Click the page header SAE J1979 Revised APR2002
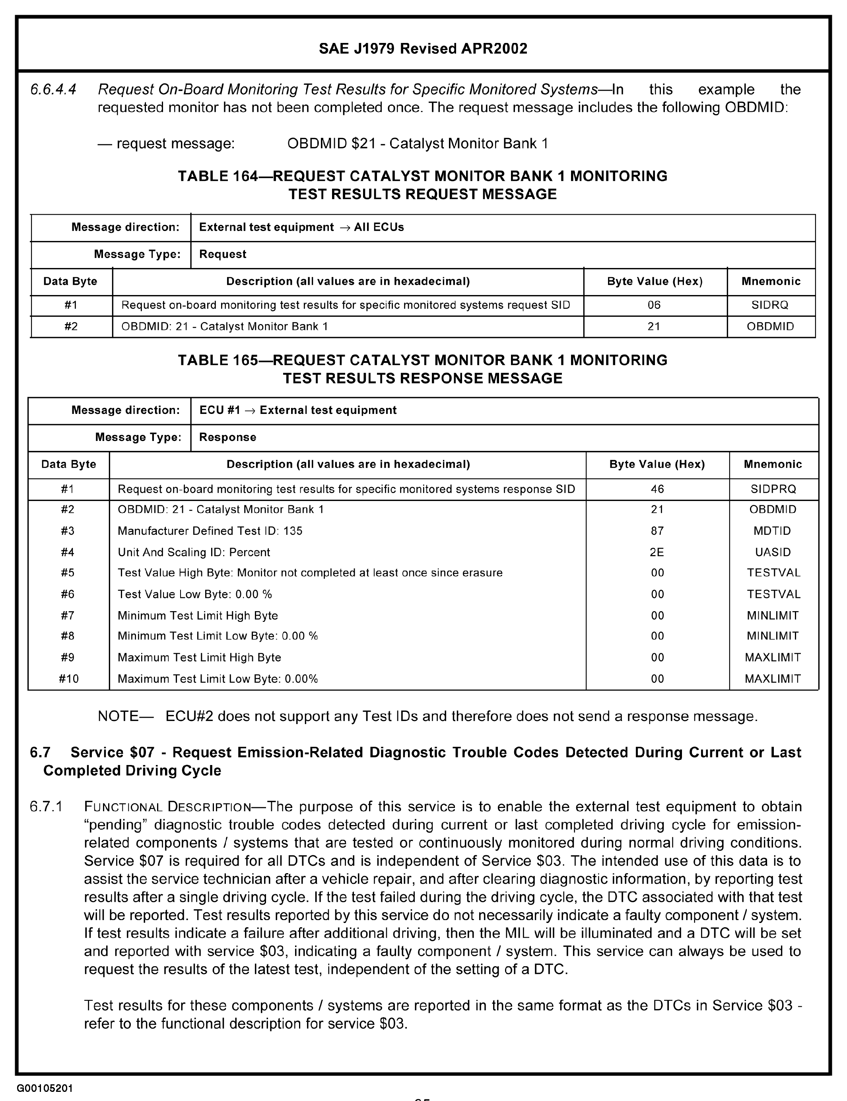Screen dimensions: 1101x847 point(423,49)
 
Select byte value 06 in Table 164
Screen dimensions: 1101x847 point(654,305)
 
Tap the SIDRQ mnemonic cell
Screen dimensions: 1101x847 point(770,305)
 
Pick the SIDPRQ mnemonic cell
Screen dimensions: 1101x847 point(773,489)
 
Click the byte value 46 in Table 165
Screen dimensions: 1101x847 point(657,489)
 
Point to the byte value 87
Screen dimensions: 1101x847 point(657,531)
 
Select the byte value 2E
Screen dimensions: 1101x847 point(657,552)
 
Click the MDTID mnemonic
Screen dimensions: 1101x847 point(773,531)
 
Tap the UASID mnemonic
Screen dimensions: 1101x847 point(773,552)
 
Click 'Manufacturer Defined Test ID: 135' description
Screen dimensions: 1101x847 point(210,531)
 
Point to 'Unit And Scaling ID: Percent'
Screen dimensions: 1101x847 point(194,552)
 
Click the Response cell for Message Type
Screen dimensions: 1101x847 point(227,437)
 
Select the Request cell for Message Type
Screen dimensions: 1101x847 point(222,254)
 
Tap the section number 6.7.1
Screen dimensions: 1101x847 point(47,807)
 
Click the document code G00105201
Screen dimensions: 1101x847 point(45,1088)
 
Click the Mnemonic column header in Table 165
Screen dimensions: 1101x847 point(773,464)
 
